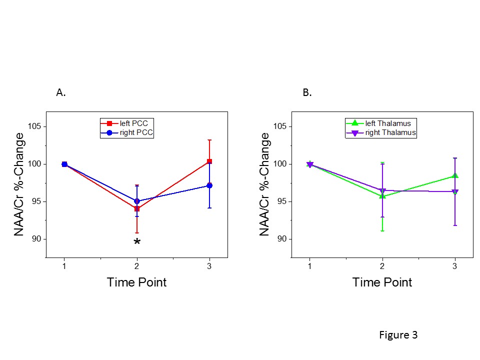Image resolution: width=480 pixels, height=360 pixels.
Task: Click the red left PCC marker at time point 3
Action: click(209, 161)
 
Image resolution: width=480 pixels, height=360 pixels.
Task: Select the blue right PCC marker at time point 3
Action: click(209, 185)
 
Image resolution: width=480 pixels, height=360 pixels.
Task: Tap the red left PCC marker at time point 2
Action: click(137, 208)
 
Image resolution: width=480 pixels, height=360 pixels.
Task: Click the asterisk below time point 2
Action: click(137, 243)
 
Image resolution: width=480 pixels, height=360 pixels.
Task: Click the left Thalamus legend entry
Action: click(381, 123)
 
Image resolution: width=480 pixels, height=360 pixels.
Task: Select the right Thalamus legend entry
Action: click(381, 132)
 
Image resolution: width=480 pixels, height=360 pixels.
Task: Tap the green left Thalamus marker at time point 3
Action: click(455, 175)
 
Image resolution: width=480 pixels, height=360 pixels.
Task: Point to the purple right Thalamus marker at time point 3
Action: click(455, 192)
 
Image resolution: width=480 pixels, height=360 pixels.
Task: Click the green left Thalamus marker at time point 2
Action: click(382, 195)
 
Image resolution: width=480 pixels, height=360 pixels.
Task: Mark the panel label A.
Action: click(61, 92)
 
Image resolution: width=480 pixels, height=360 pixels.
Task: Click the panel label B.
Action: click(307, 92)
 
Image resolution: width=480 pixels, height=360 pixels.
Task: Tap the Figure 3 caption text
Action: click(398, 335)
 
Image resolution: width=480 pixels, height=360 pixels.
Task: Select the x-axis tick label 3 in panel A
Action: click(209, 266)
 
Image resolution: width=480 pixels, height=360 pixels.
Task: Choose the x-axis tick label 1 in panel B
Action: click(309, 266)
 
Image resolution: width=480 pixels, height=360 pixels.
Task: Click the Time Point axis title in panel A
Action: click(136, 282)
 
